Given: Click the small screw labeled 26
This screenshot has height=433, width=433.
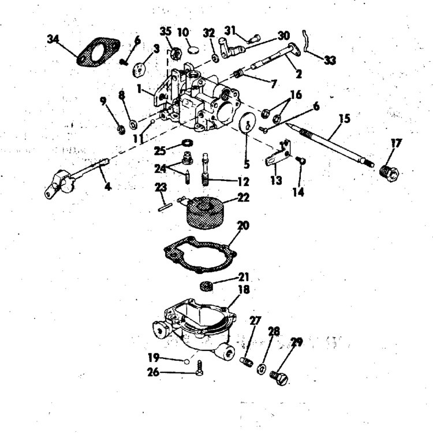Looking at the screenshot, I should coord(199,368).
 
